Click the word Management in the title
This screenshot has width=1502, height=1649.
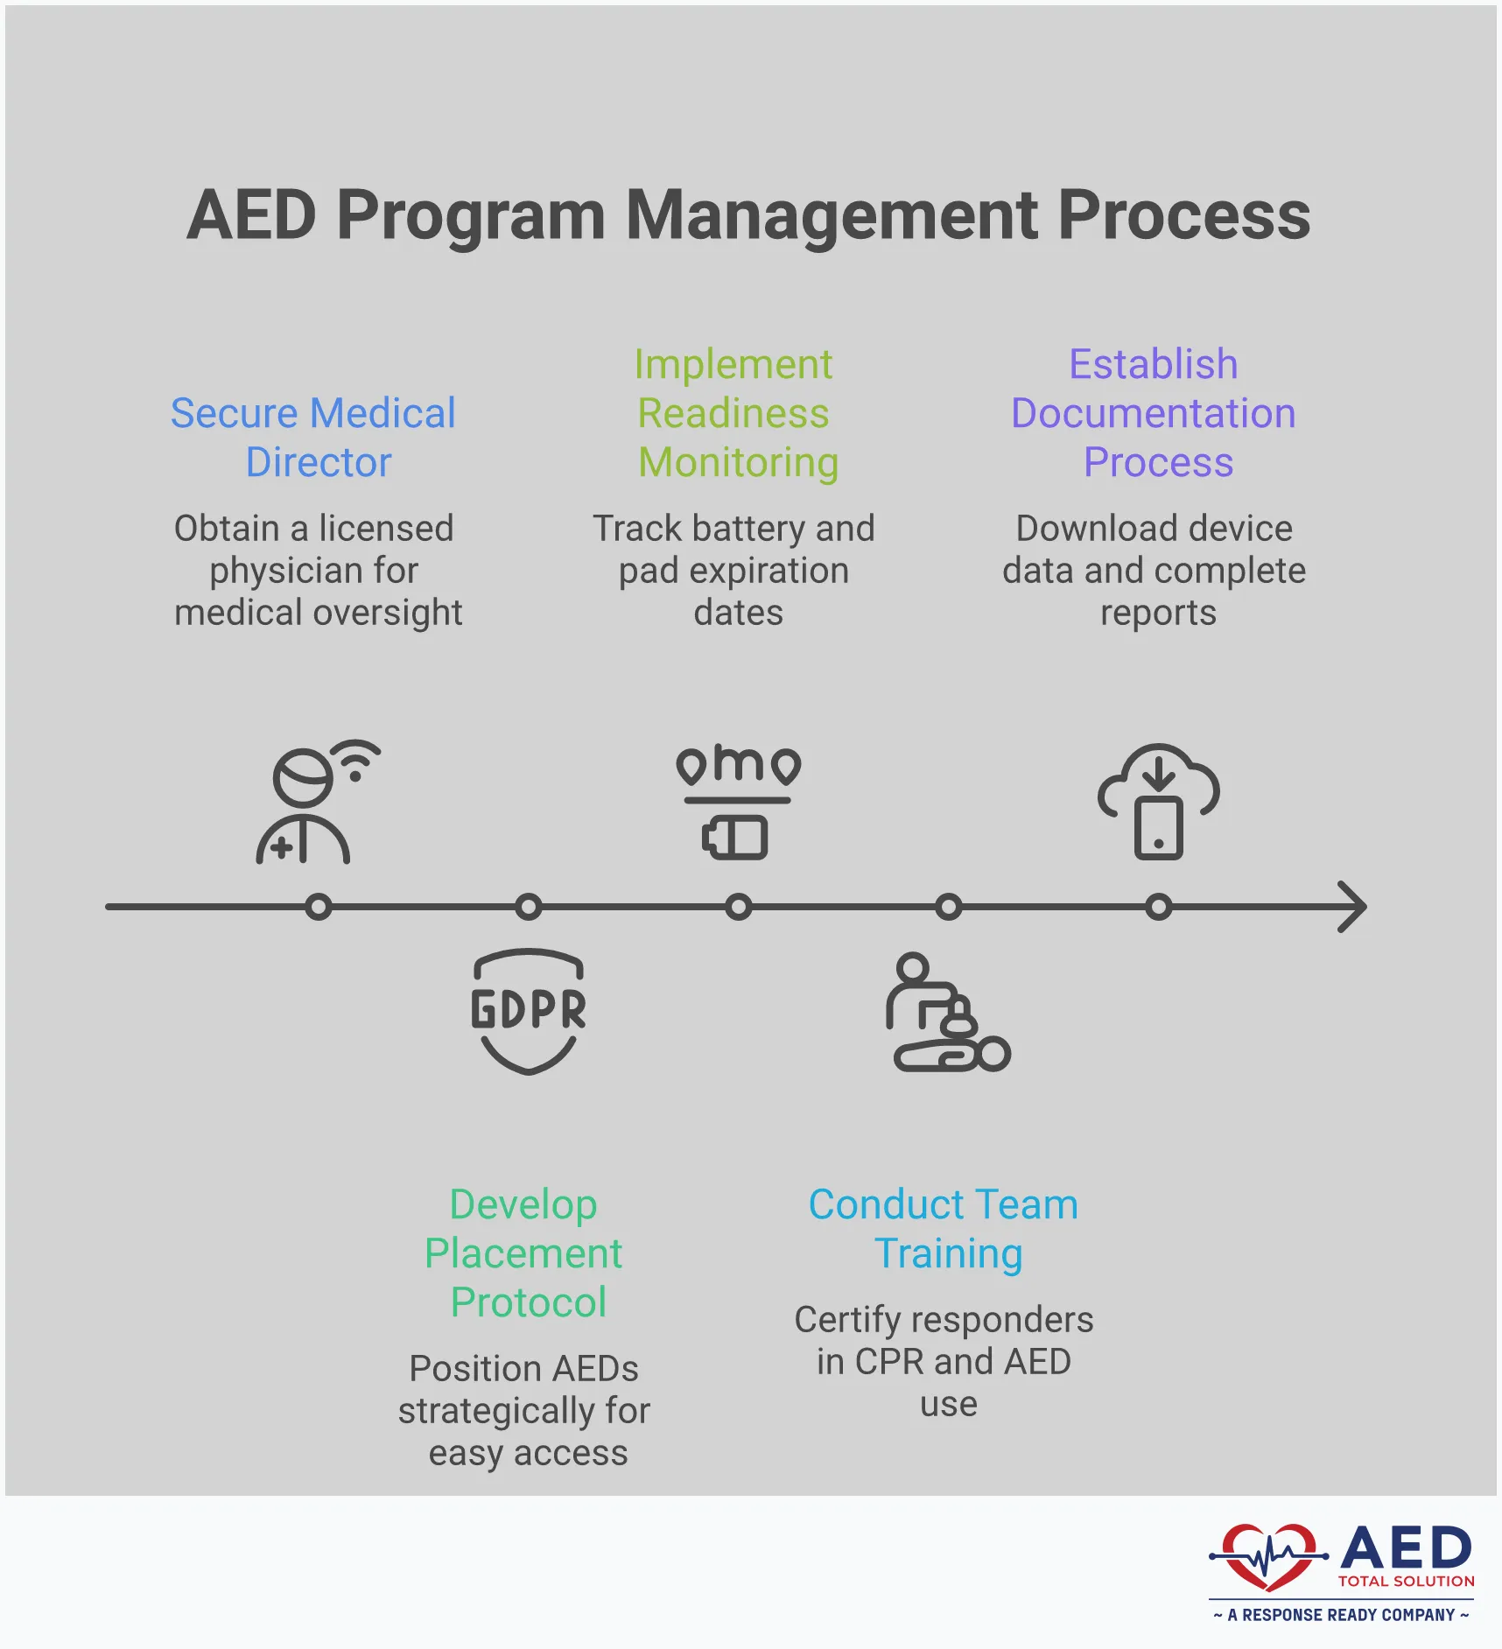tap(832, 216)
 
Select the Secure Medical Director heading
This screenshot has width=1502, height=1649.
tap(313, 437)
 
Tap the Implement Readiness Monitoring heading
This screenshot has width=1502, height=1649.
tap(735, 413)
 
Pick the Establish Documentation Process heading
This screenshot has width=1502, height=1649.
tap(1154, 413)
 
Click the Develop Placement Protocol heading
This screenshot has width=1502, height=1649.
tap(524, 1253)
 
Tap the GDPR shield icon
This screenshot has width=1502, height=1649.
tap(528, 1011)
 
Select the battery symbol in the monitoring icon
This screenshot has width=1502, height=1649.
tap(735, 838)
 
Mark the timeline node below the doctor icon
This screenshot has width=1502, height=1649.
tap(319, 907)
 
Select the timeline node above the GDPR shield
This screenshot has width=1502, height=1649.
tap(528, 907)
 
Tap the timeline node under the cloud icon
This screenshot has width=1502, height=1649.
tap(1158, 907)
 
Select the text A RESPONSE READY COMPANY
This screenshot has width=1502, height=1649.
tap(1341, 1615)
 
